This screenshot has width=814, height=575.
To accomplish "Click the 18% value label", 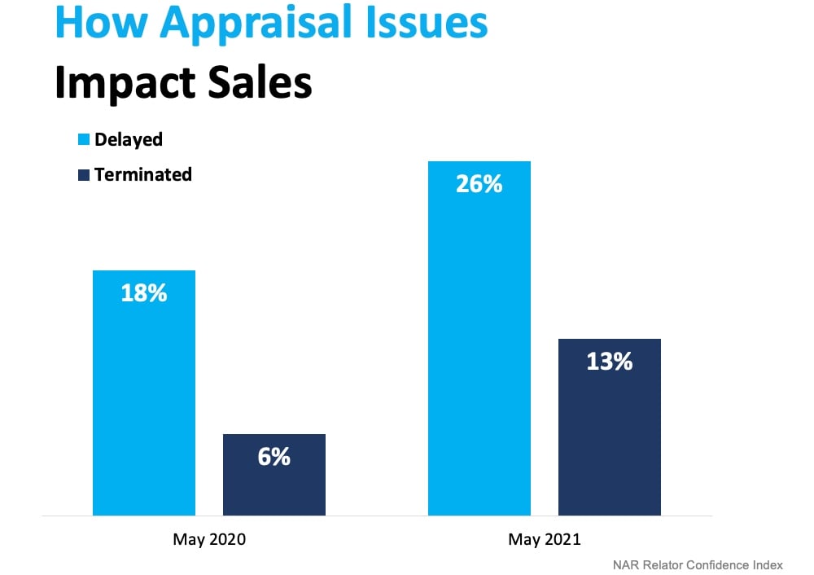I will [144, 293].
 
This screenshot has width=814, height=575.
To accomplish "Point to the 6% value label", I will [274, 457].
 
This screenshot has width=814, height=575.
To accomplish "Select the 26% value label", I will [479, 184].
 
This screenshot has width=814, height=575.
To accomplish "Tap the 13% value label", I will [610, 362].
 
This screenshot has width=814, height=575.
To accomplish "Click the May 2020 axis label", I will [209, 539].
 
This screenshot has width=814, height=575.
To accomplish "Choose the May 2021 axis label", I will [545, 539].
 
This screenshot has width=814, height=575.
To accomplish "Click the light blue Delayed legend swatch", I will [83, 140].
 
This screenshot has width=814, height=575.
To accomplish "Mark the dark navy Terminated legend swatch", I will [83, 174].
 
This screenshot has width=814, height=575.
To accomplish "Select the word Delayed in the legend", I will [129, 139].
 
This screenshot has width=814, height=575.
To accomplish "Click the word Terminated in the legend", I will [143, 174].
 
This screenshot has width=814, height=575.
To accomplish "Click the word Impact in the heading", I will [120, 85].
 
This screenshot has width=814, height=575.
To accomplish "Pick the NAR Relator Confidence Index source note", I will [698, 564].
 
